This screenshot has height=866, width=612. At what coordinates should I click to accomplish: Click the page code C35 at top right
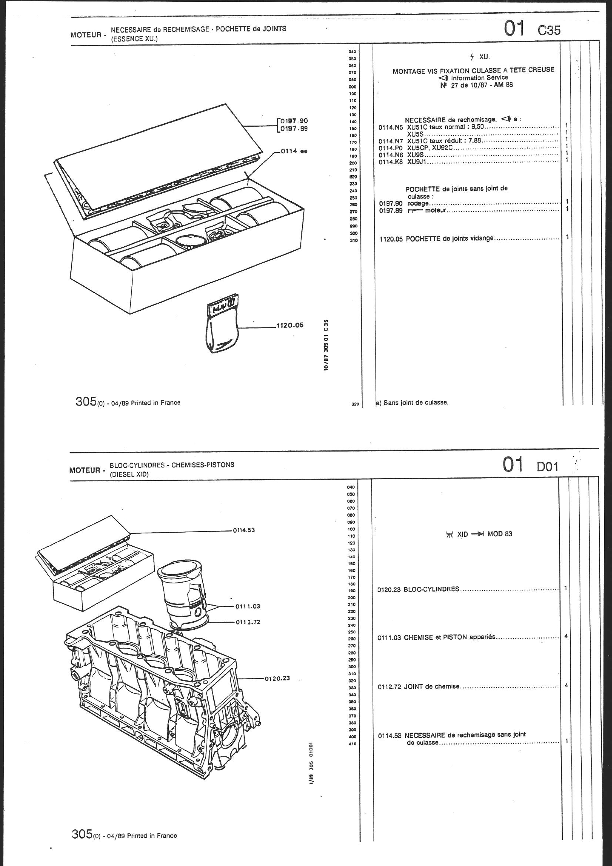(x=549, y=30)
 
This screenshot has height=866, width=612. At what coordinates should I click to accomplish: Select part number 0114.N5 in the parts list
(x=391, y=127)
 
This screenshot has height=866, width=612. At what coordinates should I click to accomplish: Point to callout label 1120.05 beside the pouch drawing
(x=290, y=325)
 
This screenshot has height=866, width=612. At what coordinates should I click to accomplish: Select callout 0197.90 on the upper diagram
(x=294, y=121)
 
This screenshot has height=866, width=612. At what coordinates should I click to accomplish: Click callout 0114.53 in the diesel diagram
(x=244, y=530)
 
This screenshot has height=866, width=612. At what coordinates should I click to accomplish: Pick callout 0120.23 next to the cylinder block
(x=277, y=678)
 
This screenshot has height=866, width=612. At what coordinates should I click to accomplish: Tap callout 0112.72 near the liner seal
(x=248, y=622)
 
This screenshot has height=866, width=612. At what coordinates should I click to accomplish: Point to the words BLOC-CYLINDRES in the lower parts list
(x=431, y=589)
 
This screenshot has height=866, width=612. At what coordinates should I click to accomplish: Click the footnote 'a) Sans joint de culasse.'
(x=412, y=402)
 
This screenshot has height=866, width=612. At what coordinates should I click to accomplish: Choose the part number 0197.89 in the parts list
(x=391, y=210)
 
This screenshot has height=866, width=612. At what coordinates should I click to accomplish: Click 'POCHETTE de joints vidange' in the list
(x=449, y=239)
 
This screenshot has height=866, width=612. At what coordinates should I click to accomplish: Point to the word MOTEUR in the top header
(x=86, y=36)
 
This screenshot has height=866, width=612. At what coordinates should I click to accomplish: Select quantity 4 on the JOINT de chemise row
(x=566, y=685)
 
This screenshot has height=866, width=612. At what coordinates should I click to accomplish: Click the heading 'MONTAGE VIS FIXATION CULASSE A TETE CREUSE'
(x=473, y=70)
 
